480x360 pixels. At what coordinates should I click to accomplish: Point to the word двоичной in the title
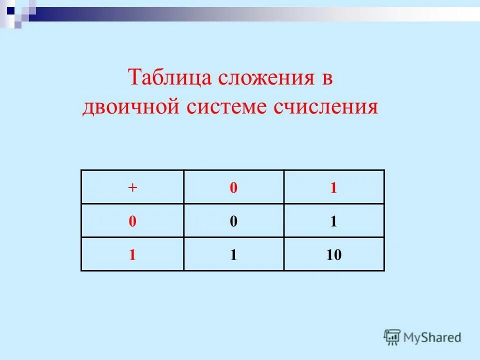(130, 107)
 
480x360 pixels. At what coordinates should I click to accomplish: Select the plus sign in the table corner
(132, 187)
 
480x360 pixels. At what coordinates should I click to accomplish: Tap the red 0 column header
(233, 187)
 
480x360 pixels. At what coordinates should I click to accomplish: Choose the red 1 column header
(333, 187)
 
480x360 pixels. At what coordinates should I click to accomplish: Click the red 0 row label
(132, 221)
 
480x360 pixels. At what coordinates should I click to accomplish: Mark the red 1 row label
(132, 255)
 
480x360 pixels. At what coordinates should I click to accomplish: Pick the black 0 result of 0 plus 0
(233, 221)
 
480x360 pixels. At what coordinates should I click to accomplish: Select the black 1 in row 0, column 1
(333, 221)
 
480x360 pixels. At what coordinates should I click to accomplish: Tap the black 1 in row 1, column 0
(233, 255)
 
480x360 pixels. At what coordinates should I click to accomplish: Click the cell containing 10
(334, 254)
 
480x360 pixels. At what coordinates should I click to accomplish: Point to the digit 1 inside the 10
(330, 255)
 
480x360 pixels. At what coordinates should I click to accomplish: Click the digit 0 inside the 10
(337, 255)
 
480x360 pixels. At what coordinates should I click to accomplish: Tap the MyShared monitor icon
(392, 337)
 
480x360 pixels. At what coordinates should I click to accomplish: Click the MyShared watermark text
(432, 337)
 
